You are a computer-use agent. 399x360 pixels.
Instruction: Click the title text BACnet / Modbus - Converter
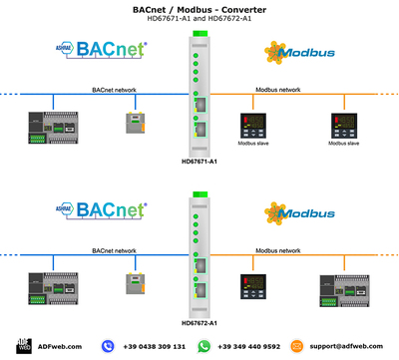pos(199,8)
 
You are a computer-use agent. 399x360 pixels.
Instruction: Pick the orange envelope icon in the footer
pos(297,346)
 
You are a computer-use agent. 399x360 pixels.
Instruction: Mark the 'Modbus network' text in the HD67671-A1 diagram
pos(276,90)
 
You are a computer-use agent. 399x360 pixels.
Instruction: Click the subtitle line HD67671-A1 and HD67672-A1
pos(199,19)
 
